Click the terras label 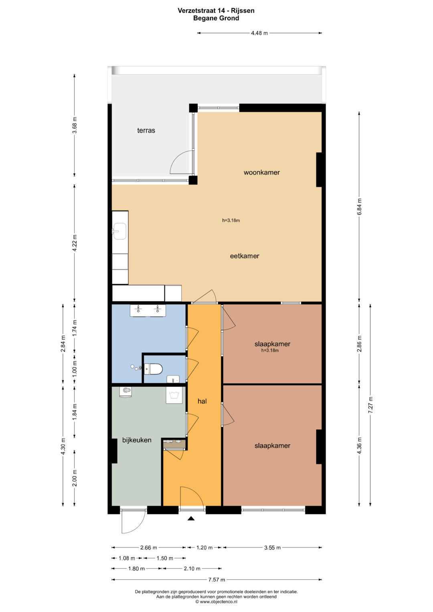point(146,130)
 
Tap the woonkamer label point(261,172)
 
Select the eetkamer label point(245,256)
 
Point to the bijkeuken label point(137,440)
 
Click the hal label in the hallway point(202,401)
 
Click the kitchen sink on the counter point(119,231)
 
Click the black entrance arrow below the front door point(191,518)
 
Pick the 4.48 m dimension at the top point(259,33)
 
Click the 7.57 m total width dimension point(216,580)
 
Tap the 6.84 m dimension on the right point(359,206)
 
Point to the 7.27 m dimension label point(371,405)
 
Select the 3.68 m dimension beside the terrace point(75,125)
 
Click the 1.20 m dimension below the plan point(204,547)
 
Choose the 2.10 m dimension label point(192,569)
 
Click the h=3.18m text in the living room point(231,220)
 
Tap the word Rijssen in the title point(243,11)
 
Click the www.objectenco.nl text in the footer point(219,602)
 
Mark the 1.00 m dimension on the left point(75,368)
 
